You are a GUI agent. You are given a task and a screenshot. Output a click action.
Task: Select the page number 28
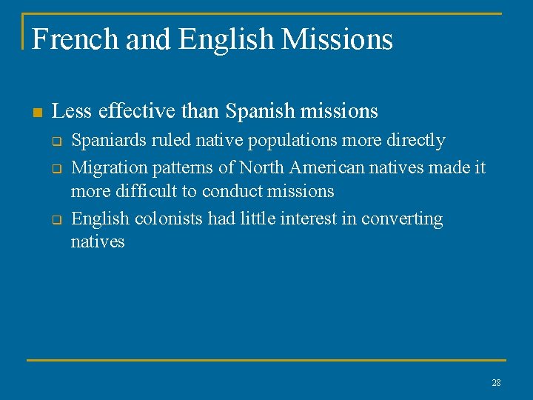click(495, 383)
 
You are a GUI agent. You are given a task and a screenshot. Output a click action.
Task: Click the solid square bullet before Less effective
click(36, 113)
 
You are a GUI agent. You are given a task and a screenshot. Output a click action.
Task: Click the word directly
click(416, 140)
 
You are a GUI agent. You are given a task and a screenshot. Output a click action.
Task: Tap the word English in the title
click(226, 39)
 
